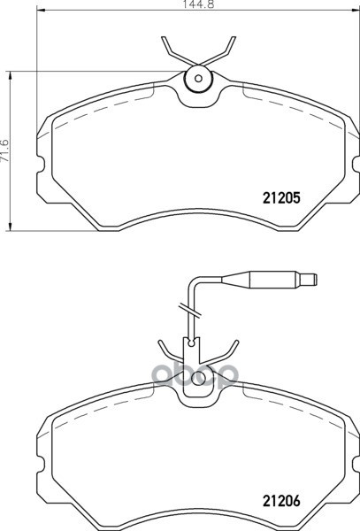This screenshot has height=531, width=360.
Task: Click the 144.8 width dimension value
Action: [199, 4]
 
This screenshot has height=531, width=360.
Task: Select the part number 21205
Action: [281, 198]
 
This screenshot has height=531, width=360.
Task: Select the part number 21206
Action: [281, 501]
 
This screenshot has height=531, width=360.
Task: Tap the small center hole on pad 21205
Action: [199, 79]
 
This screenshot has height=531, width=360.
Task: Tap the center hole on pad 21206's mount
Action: [199, 378]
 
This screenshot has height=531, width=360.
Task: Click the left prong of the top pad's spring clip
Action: [177, 50]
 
